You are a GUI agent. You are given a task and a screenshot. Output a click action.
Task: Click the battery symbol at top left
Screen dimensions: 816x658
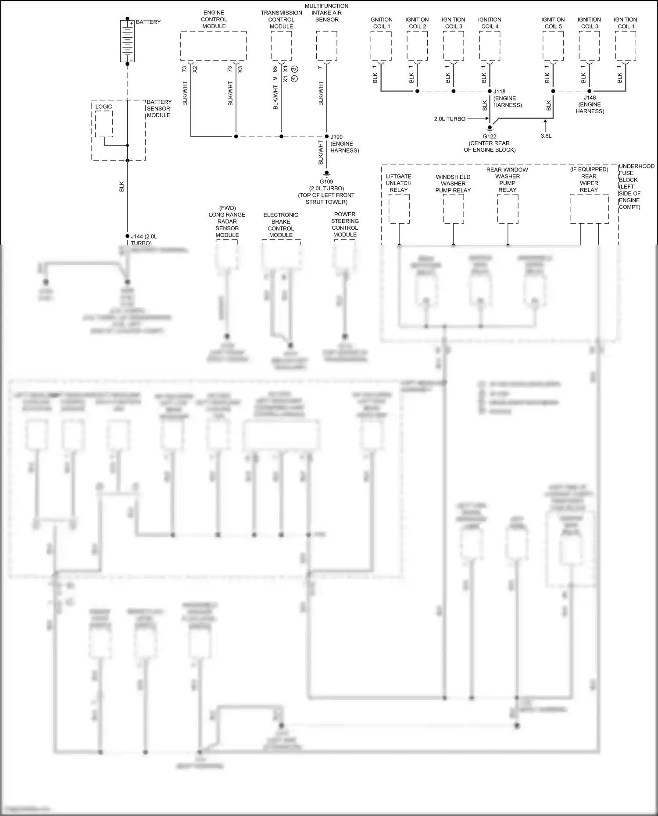pyautogui.click(x=127, y=41)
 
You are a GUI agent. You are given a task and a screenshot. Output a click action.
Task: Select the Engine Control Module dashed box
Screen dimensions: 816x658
pyautogui.click(x=213, y=46)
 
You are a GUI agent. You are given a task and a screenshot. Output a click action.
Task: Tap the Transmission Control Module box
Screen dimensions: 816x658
pyautogui.click(x=281, y=46)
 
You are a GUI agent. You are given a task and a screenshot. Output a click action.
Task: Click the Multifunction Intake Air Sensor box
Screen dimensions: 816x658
pyautogui.click(x=326, y=46)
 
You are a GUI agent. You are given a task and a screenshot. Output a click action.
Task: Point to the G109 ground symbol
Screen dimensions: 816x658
pyautogui.click(x=326, y=174)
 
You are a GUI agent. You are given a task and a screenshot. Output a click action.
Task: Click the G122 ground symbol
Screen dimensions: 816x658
pyautogui.click(x=490, y=128)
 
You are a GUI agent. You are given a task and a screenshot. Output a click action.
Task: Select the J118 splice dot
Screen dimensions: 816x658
pyautogui.click(x=490, y=91)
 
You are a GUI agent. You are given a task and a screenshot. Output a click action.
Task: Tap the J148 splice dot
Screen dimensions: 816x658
pyautogui.click(x=589, y=91)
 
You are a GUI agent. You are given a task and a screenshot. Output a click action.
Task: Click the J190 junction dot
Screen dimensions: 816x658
pyautogui.click(x=326, y=136)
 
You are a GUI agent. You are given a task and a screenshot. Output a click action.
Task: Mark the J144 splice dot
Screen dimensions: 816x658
pyautogui.click(x=127, y=236)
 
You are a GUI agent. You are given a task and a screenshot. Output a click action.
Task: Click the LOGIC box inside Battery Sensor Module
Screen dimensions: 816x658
pyautogui.click(x=104, y=124)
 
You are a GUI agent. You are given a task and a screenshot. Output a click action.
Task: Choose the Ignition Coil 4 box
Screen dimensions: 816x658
pyautogui.click(x=490, y=46)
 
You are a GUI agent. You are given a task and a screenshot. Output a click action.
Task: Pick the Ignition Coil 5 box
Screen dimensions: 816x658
pyautogui.click(x=553, y=46)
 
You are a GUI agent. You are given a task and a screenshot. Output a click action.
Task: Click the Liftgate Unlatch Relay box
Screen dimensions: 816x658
pyautogui.click(x=399, y=209)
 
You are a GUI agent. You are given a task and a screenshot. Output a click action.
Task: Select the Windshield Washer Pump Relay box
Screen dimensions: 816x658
pyautogui.click(x=453, y=209)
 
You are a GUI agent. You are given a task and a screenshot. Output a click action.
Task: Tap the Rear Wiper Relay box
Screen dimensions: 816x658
pyautogui.click(x=589, y=209)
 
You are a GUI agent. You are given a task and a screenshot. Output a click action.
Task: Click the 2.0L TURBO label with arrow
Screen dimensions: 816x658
pyautogui.click(x=450, y=119)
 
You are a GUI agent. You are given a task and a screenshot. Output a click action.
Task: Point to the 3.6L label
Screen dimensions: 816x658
pyautogui.click(x=546, y=136)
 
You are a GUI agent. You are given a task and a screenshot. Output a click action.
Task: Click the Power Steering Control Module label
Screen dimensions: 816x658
pyautogui.click(x=345, y=224)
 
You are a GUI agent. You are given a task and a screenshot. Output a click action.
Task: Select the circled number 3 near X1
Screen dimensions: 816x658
pyautogui.click(x=294, y=69)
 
